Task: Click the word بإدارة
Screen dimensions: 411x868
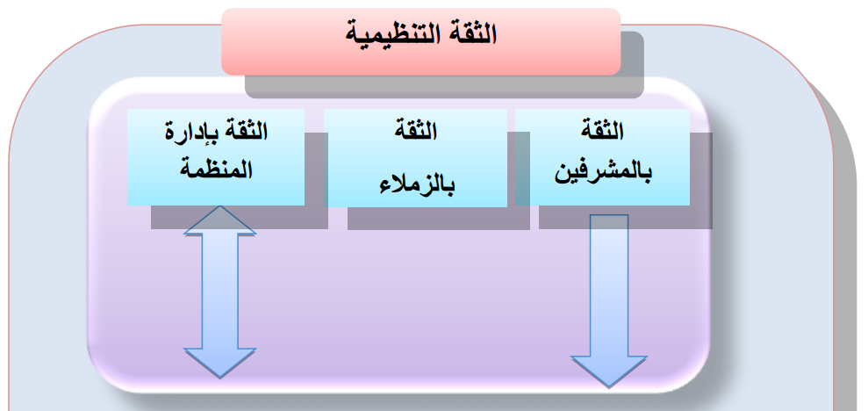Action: [x=192, y=134]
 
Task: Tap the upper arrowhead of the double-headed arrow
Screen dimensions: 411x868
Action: [x=220, y=221]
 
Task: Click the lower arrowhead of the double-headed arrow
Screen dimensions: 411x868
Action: [x=220, y=360]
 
